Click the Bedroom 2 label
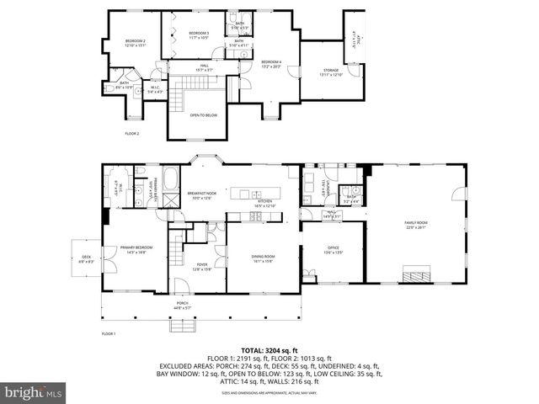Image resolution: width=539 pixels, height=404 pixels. (136, 43)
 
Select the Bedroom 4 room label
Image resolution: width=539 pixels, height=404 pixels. (270, 63)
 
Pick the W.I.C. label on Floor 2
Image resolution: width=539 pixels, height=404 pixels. (155, 87)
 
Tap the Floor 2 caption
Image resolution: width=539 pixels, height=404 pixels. (132, 134)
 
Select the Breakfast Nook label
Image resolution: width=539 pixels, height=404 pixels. (203, 196)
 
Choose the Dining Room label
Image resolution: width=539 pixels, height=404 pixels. (264, 258)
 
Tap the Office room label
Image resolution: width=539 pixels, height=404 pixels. (333, 250)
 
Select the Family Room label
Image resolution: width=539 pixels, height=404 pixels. (415, 225)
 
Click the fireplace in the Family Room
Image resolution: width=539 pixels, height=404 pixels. (416, 274)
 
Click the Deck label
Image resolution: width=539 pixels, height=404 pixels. (86, 258)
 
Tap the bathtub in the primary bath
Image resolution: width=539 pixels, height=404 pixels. (170, 179)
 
